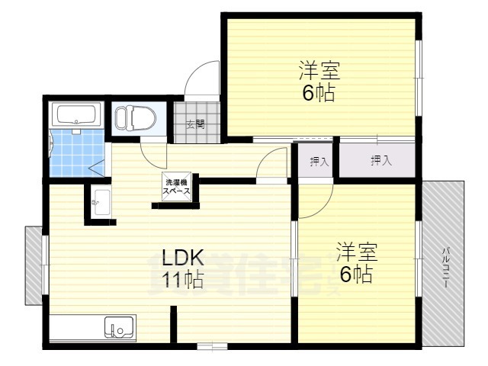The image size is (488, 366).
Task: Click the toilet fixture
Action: point(134,118)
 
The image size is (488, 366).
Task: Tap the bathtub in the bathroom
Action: point(75,116)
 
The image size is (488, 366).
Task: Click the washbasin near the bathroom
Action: point(100,204)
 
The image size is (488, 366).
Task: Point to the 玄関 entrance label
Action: point(195,124)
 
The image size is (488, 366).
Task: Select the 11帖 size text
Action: point(182,280)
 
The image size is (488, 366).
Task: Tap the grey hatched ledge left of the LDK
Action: point(34,264)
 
